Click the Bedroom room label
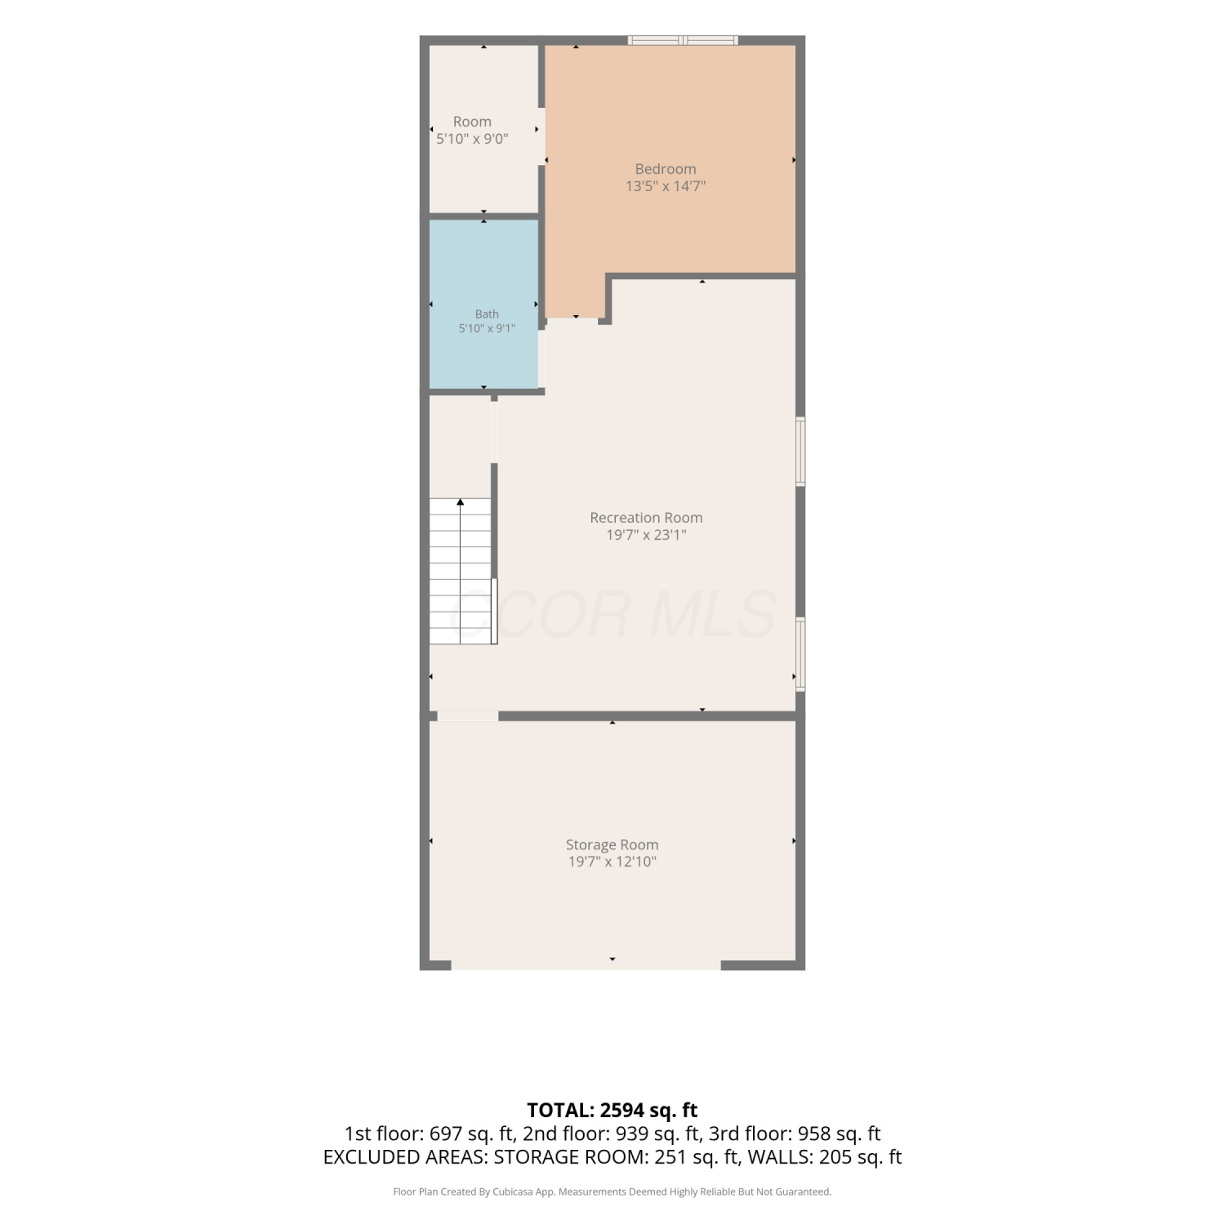pyautogui.click(x=666, y=169)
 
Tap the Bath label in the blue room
pyautogui.click(x=487, y=314)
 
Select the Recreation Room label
pyautogui.click(x=646, y=518)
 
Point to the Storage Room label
pyautogui.click(x=612, y=845)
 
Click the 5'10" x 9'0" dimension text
pyautogui.click(x=472, y=139)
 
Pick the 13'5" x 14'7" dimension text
pyautogui.click(x=666, y=186)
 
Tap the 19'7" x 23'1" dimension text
pyautogui.click(x=646, y=535)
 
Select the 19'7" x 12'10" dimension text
pyautogui.click(x=612, y=862)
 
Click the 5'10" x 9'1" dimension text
pyautogui.click(x=487, y=328)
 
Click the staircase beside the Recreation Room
pyautogui.click(x=461, y=571)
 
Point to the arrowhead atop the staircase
pyautogui.click(x=461, y=502)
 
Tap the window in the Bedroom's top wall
pyautogui.click(x=683, y=40)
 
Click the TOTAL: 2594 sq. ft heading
pyautogui.click(x=612, y=1110)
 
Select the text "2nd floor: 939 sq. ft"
pyautogui.click(x=612, y=1134)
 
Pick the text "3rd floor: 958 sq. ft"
pyautogui.click(x=795, y=1134)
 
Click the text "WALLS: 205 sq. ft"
pyautogui.click(x=825, y=1157)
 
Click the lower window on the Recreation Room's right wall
pyautogui.click(x=801, y=654)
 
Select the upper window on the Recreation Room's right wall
pyautogui.click(x=801, y=452)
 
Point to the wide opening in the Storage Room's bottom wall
pyautogui.click(x=586, y=965)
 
